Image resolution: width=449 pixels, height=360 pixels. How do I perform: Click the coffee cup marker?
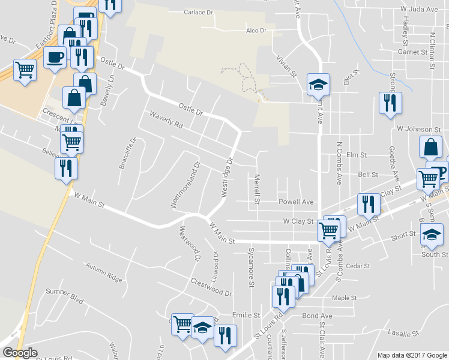click(55, 58)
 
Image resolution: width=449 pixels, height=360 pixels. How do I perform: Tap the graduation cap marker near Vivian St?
click(318, 85)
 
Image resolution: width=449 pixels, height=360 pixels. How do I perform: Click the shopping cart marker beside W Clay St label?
click(328, 230)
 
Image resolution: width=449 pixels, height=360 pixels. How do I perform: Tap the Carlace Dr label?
click(199, 12)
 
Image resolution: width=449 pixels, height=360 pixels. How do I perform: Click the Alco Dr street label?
click(256, 31)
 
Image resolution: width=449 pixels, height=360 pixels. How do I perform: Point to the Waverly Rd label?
click(166, 120)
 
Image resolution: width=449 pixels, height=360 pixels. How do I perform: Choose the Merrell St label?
click(256, 189)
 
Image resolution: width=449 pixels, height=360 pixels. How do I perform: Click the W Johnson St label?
click(419, 129)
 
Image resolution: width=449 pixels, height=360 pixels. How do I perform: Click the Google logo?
click(20, 353)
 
